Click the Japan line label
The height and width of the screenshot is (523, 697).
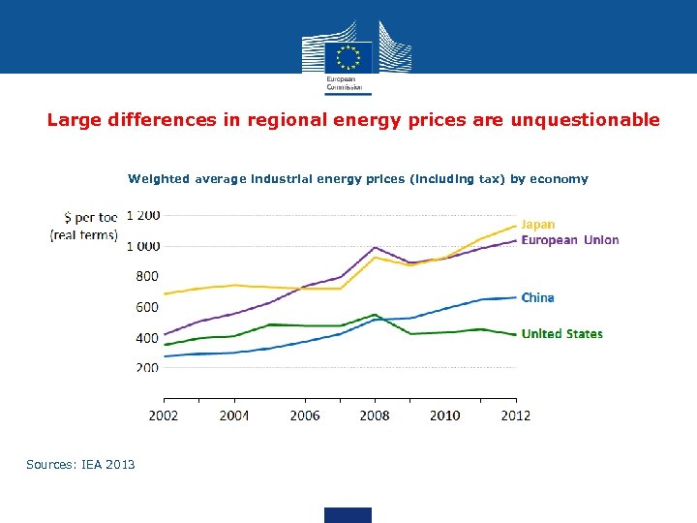click(x=538, y=225)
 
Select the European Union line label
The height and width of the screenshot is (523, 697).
click(x=570, y=240)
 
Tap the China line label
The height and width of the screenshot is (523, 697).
click(x=538, y=297)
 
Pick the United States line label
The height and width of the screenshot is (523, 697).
click(x=561, y=334)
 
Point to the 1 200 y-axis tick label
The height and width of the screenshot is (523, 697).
click(x=143, y=215)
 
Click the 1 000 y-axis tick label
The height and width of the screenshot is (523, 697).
click(x=143, y=246)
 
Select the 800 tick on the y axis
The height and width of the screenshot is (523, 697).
click(x=147, y=276)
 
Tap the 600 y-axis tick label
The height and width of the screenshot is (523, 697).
click(x=147, y=307)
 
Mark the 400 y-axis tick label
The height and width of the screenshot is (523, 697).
click(x=147, y=338)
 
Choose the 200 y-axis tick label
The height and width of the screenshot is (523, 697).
click(x=147, y=368)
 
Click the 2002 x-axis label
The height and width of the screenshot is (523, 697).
click(x=164, y=415)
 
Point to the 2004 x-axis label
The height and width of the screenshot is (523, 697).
click(x=234, y=415)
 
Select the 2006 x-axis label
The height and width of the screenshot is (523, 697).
click(x=305, y=415)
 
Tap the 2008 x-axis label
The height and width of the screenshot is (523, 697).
click(x=375, y=415)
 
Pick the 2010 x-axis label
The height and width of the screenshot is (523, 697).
click(x=445, y=415)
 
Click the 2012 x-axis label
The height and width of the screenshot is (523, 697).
click(x=515, y=415)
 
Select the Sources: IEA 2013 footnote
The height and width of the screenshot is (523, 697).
click(x=80, y=465)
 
